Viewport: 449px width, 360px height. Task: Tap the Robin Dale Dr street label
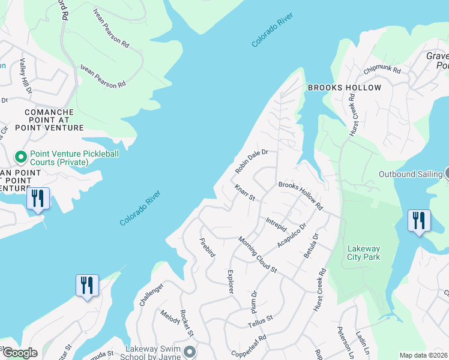(x=250, y=161)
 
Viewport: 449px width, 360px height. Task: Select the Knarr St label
(x=246, y=193)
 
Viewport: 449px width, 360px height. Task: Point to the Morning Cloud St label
(x=257, y=255)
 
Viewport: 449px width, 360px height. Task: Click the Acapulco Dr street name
(x=292, y=235)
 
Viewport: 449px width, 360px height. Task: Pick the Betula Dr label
(x=311, y=247)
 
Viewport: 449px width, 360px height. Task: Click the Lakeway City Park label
(x=364, y=253)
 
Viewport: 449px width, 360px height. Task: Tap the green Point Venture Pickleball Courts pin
(x=20, y=157)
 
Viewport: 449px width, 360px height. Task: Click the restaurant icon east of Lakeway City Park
(x=418, y=220)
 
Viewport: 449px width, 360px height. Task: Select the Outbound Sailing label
(x=410, y=175)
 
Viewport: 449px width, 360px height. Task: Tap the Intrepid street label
(x=276, y=224)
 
